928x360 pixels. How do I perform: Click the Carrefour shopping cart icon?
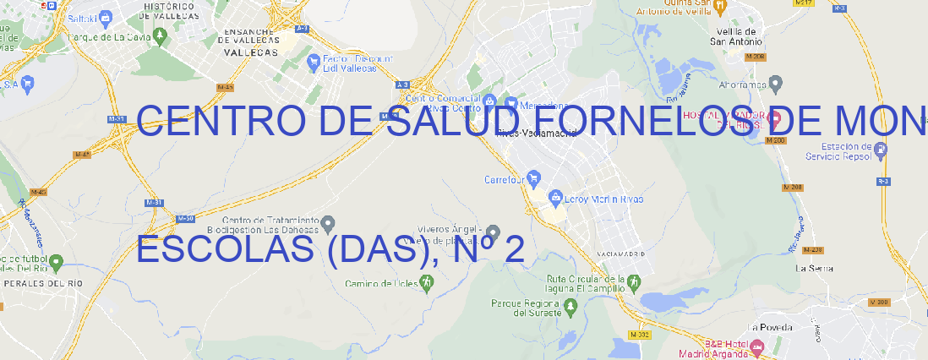[x=535, y=179]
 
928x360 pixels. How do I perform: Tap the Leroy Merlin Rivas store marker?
[x=555, y=199]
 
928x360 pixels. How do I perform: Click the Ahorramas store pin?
[x=776, y=83]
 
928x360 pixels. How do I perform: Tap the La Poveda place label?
[x=771, y=327]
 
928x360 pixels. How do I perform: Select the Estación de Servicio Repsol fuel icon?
[x=882, y=150]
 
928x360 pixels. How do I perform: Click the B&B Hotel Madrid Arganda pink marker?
[x=757, y=346]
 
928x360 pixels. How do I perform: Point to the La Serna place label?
[x=815, y=268]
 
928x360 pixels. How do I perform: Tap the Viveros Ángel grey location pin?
[x=494, y=232]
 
